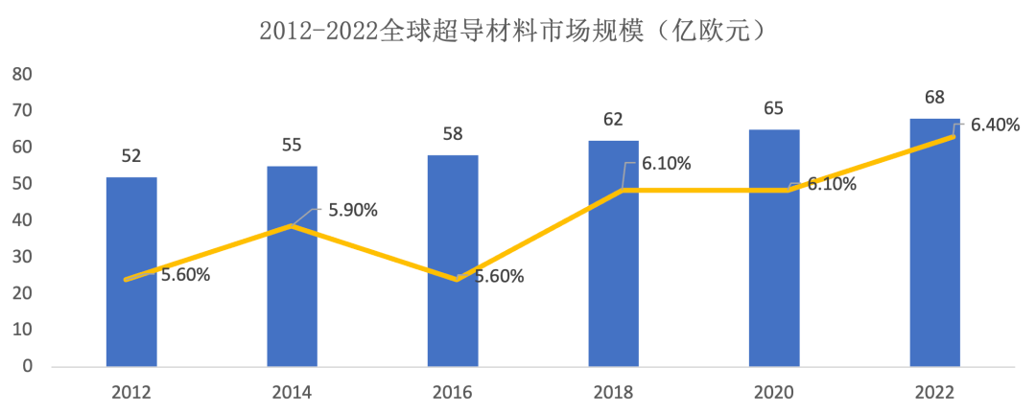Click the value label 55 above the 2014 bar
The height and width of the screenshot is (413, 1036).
click(x=292, y=146)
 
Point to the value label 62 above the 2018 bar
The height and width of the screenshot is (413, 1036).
click(x=613, y=120)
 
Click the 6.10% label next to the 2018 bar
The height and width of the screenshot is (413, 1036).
click(x=667, y=163)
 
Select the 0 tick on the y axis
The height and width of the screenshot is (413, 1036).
click(x=28, y=367)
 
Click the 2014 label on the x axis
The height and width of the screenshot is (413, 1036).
click(x=292, y=392)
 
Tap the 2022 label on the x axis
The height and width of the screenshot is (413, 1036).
click(x=934, y=392)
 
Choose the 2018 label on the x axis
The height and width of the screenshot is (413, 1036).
click(x=613, y=392)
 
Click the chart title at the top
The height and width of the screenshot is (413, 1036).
click(x=517, y=31)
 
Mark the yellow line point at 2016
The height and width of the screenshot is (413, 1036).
click(x=453, y=280)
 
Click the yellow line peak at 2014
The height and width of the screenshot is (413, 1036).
click(x=292, y=226)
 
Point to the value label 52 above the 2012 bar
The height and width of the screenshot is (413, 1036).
click(x=131, y=156)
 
